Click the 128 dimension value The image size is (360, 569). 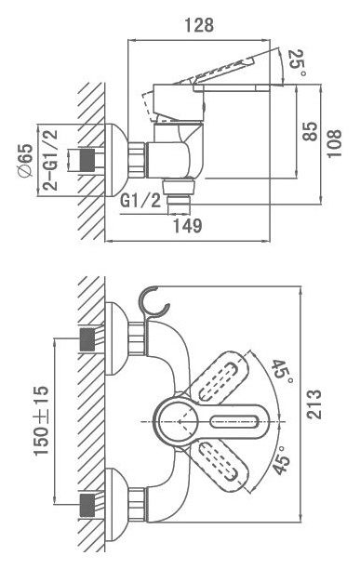[x=199, y=25]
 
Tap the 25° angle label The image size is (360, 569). [x=298, y=63]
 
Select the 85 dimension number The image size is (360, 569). [x=310, y=131]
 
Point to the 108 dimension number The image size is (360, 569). [x=334, y=143]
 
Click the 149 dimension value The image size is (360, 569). [x=187, y=226]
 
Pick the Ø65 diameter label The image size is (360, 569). [x=25, y=161]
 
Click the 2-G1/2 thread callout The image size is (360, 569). [x=50, y=160]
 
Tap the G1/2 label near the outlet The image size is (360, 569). [x=140, y=200]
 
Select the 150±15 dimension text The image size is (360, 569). [x=41, y=420]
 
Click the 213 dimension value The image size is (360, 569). [x=314, y=404]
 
